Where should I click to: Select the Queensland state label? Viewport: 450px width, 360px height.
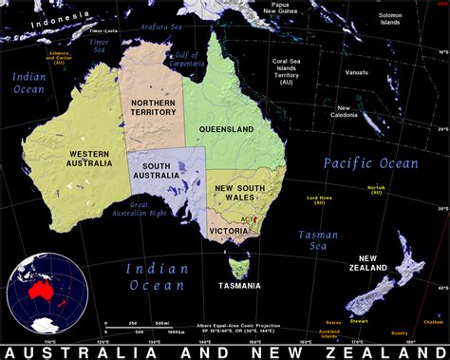[x=226, y=127]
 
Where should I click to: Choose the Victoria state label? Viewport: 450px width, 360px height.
[x=230, y=229]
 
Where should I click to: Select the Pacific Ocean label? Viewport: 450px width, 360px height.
[x=369, y=163]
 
